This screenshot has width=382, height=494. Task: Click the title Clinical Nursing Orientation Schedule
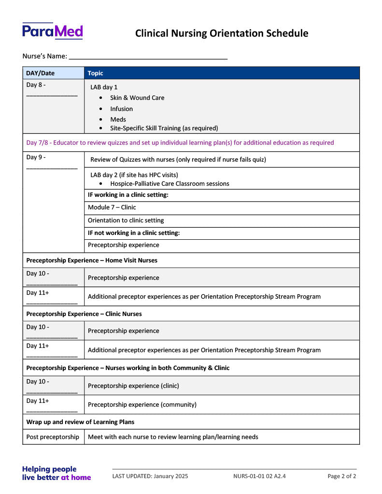221,33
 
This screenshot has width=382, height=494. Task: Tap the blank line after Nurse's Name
148,56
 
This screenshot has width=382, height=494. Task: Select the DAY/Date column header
41,73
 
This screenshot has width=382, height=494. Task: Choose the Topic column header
96,73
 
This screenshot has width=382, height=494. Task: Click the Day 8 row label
36,85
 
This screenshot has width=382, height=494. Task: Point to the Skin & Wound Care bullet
137,98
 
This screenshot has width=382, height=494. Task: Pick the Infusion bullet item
121,109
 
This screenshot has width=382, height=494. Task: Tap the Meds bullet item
118,120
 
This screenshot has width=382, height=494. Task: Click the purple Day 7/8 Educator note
180,143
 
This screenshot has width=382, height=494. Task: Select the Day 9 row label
36,157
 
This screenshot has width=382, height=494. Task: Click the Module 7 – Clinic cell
112,207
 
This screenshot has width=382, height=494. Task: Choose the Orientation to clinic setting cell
126,220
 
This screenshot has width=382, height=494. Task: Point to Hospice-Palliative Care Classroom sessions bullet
170,184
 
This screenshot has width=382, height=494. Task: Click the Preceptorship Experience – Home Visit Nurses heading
92,261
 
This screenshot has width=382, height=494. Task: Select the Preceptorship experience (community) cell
142,405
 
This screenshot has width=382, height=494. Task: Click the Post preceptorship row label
53,437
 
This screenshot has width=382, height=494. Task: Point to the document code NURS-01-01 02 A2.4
259,477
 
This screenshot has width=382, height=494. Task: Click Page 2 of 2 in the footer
341,477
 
